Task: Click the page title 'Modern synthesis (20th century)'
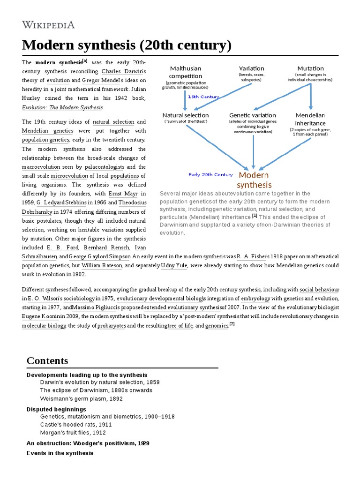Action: [x=127, y=45]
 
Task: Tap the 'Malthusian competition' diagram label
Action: [x=185, y=72]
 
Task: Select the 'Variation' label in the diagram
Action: [x=252, y=68]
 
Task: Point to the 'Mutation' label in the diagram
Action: [x=310, y=68]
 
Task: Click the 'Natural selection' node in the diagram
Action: [x=186, y=115]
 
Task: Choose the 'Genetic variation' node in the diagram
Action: [x=252, y=115]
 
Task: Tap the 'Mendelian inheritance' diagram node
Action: [x=310, y=119]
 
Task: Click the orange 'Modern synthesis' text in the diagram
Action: [x=255, y=180]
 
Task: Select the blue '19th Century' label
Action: [x=203, y=97]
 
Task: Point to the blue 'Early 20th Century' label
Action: [x=210, y=175]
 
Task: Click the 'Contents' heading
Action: [x=47, y=360]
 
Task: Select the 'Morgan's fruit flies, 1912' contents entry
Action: [x=73, y=433]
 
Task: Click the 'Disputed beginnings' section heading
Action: [x=56, y=409]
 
